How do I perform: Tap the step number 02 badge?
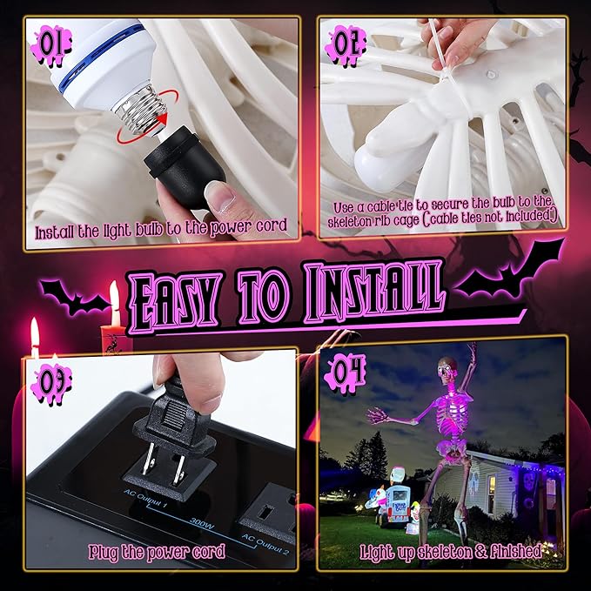(x=346, y=45)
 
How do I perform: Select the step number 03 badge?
(x=50, y=384)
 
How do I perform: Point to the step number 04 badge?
(x=345, y=373)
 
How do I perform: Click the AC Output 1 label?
(x=145, y=499)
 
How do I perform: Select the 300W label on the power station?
(x=202, y=523)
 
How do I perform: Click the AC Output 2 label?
(x=265, y=544)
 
